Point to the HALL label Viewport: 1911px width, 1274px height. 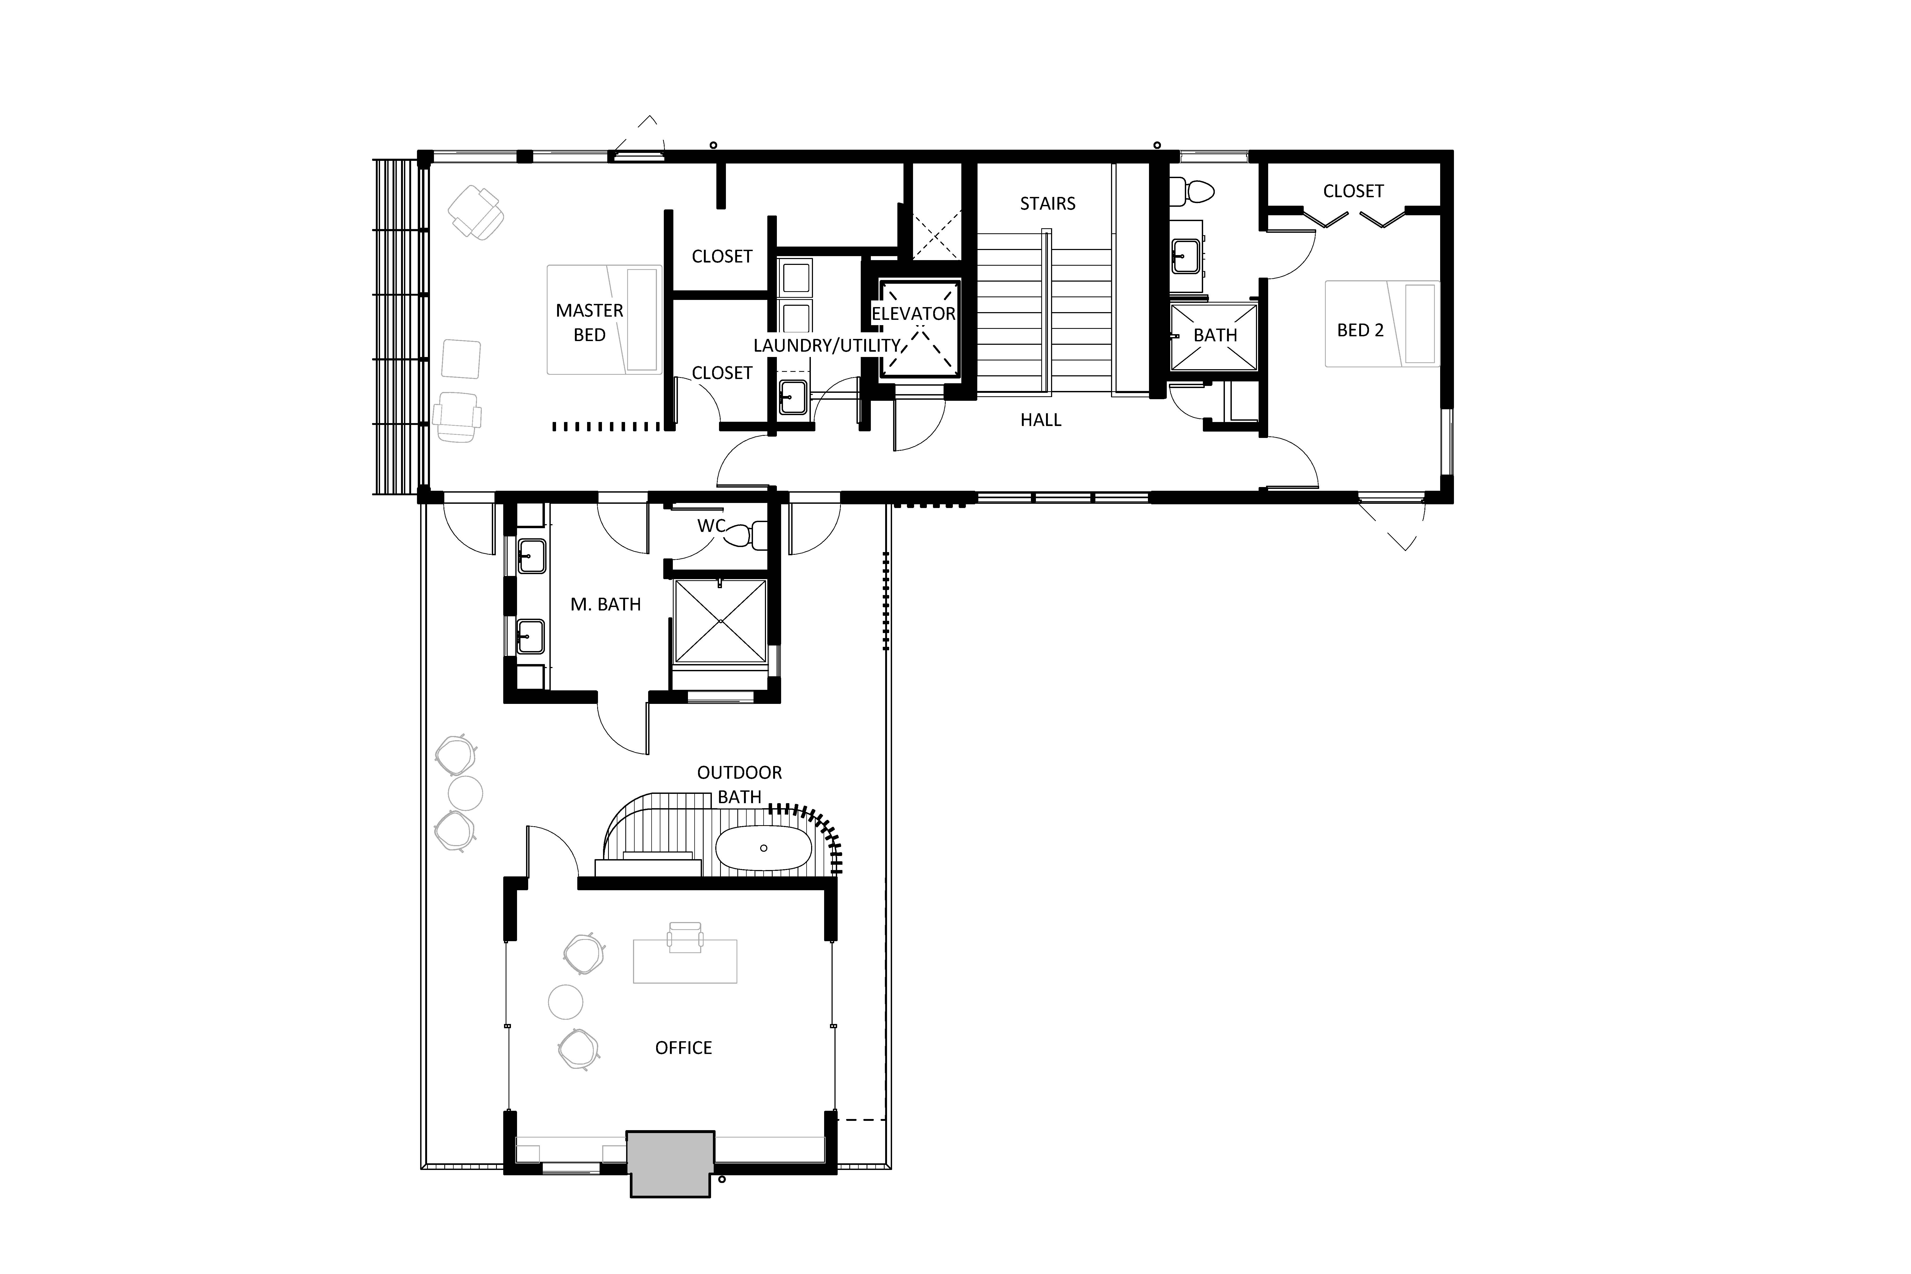pos(1041,420)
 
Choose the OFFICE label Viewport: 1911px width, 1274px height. pos(683,1048)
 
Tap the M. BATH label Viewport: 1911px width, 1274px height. pos(605,605)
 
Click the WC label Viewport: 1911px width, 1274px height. pos(711,526)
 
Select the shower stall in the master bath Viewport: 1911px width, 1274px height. pos(721,621)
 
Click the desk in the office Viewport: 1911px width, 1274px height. pos(685,961)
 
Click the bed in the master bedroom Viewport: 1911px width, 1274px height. pos(604,319)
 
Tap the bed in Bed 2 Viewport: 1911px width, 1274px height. pos(1382,323)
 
